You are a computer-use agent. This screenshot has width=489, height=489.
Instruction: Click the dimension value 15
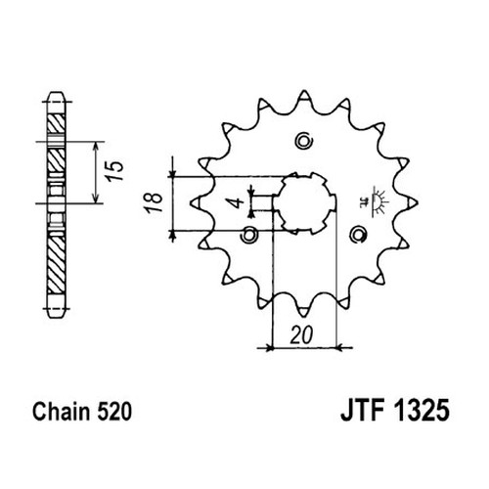(x=115, y=170)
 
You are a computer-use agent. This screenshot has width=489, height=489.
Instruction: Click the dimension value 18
(x=155, y=202)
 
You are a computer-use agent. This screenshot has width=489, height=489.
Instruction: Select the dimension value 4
(x=239, y=202)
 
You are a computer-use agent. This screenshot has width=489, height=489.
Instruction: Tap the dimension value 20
(x=301, y=334)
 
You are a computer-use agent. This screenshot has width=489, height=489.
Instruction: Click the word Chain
(x=61, y=411)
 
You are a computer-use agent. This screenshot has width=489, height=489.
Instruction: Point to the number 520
(x=114, y=411)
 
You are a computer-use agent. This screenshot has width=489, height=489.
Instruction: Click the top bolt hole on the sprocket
(x=304, y=141)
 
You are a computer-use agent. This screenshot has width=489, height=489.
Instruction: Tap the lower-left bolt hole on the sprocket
(x=249, y=234)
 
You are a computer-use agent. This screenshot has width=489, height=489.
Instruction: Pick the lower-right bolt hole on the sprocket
(x=358, y=234)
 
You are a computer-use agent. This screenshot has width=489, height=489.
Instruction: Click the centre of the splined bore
(x=304, y=202)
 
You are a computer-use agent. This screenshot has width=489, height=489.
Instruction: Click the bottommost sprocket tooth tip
(x=303, y=316)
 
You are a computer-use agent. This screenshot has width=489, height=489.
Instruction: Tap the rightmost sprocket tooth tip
(x=417, y=202)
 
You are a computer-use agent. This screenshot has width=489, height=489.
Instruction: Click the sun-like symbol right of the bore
(x=375, y=202)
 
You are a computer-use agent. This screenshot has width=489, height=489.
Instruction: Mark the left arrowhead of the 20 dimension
(x=269, y=348)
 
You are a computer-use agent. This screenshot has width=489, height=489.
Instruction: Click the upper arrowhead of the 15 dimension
(x=96, y=146)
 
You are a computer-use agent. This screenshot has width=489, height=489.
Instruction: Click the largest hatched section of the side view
(x=56, y=264)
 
